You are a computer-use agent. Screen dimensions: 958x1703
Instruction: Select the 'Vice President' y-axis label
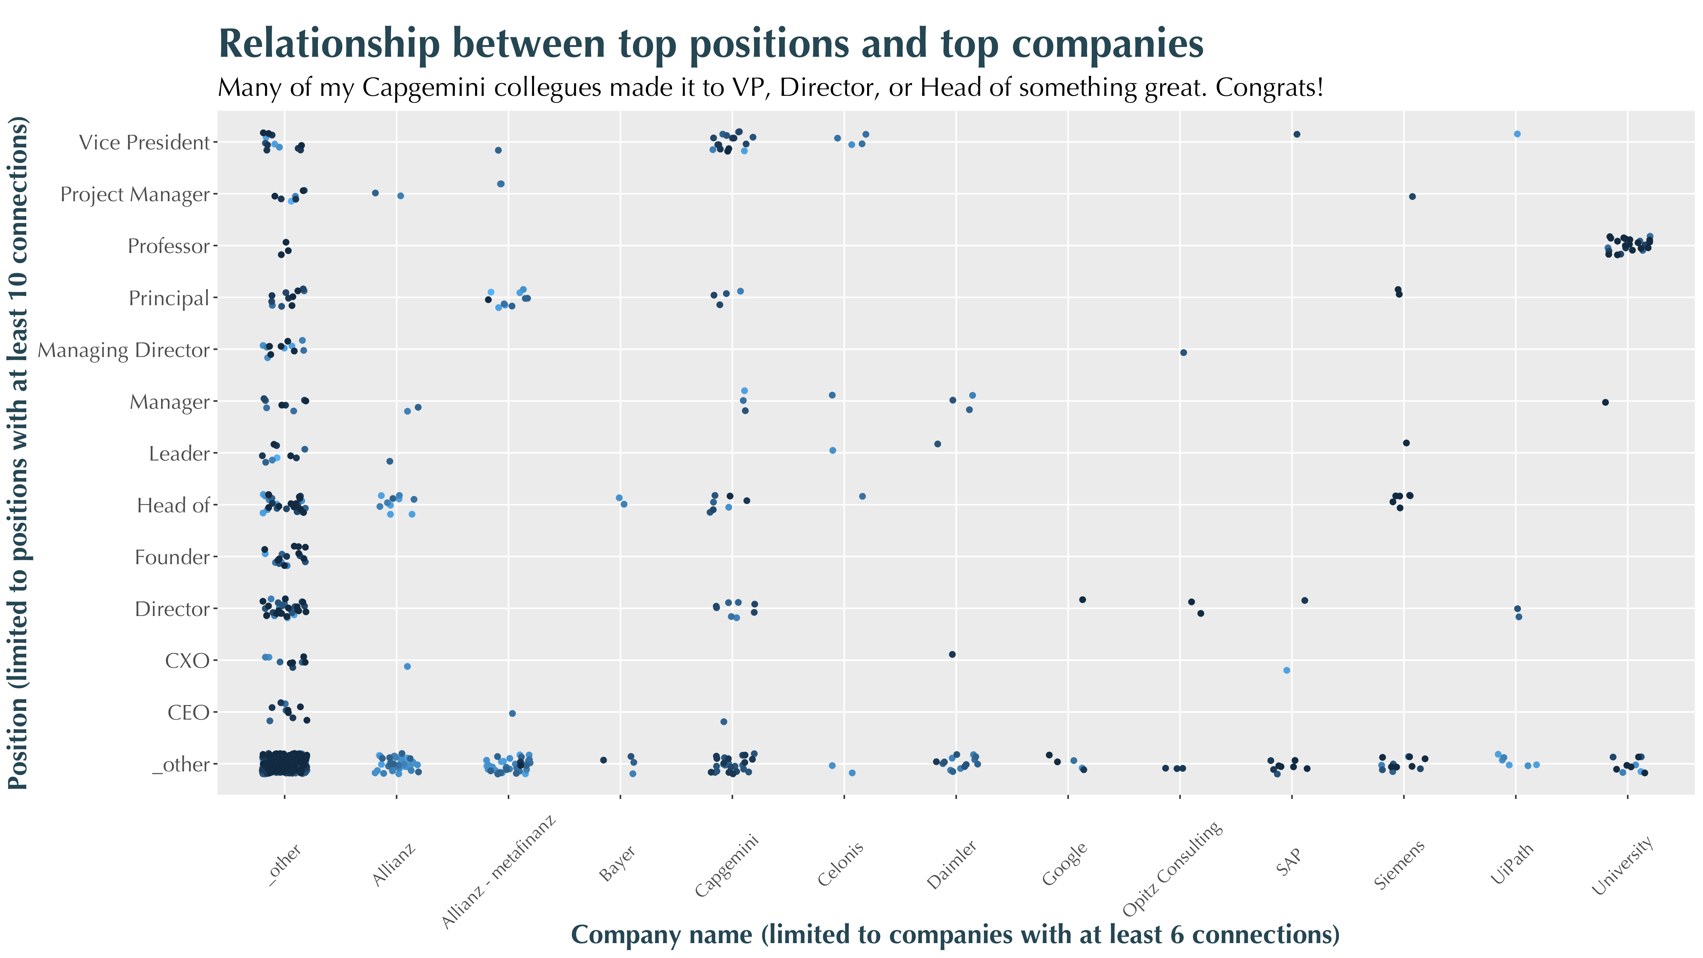pos(144,142)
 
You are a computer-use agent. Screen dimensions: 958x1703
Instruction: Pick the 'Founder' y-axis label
pos(172,557)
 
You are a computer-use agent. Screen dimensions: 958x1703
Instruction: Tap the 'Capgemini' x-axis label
pos(726,866)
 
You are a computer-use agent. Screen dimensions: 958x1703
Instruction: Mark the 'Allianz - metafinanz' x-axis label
pos(498,873)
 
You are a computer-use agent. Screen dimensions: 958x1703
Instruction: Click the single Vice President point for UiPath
pos(1517,134)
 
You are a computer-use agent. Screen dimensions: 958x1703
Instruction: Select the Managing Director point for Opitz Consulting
pos(1183,352)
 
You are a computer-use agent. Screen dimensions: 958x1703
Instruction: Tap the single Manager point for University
pos(1605,402)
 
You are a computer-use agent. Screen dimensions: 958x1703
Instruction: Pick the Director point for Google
pos(1082,600)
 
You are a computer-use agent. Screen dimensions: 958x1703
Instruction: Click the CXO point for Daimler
pos(952,655)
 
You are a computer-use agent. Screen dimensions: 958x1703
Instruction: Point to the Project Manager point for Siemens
pos(1412,196)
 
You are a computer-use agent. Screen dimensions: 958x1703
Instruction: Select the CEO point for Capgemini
pos(723,721)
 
